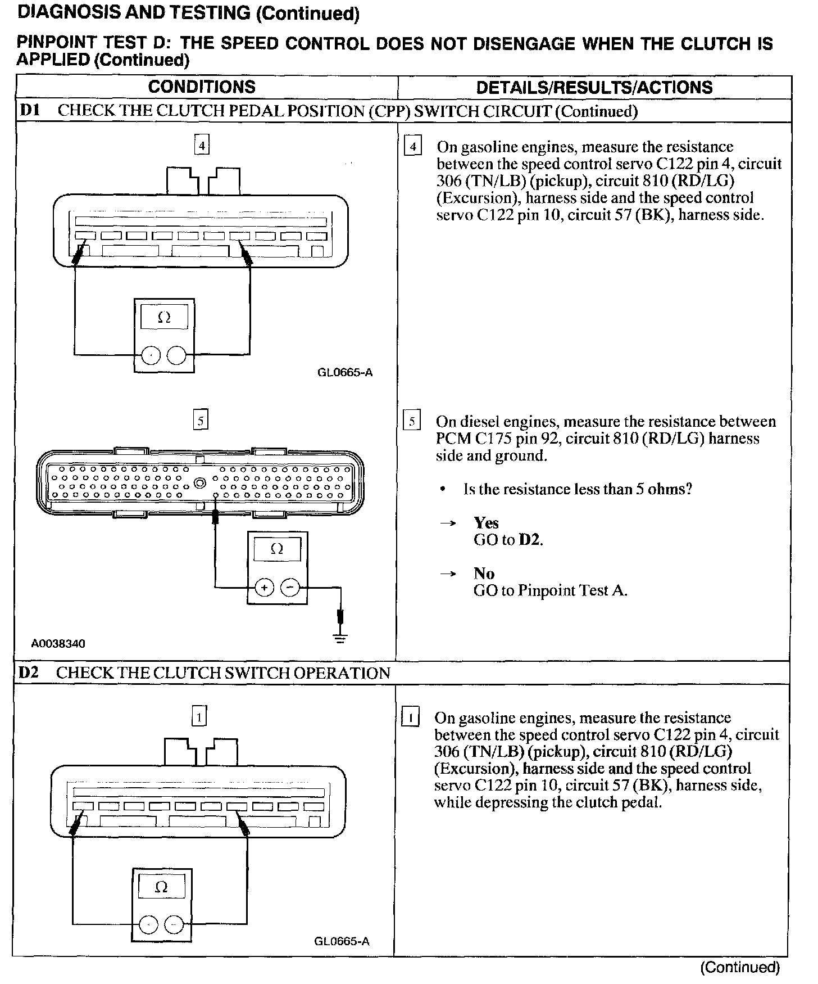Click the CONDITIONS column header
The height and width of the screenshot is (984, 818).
202,87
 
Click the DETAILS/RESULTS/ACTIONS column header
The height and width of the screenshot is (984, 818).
594,87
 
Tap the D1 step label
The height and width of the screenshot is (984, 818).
29,110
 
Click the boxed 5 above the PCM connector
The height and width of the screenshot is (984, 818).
201,420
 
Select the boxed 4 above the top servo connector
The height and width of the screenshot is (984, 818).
201,146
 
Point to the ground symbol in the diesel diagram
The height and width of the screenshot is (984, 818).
340,637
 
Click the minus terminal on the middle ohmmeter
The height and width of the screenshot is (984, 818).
290,588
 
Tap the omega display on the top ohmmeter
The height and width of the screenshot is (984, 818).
164,318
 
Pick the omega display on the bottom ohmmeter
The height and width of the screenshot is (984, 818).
161,887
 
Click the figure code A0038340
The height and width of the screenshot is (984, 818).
58,643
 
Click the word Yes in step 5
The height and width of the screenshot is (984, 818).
486,523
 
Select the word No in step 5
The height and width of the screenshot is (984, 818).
484,574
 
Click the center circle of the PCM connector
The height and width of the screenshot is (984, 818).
199,482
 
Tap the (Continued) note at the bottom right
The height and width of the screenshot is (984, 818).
740,967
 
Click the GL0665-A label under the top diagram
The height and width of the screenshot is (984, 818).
345,372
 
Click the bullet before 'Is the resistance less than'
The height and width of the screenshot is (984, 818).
444,490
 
